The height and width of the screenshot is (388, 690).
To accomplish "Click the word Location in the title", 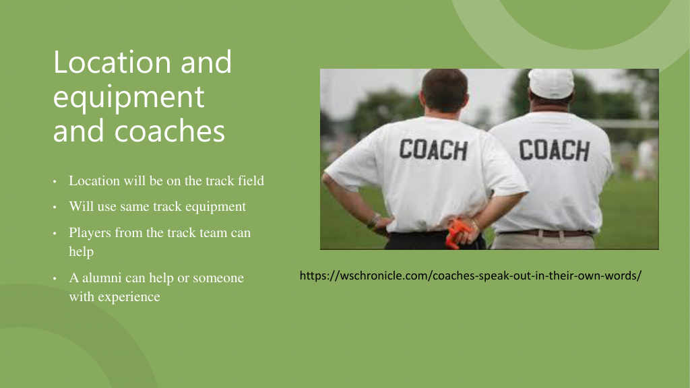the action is (113, 62).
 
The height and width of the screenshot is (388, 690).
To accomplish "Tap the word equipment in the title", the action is (129, 98).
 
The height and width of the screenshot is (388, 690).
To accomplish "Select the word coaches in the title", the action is (169, 131).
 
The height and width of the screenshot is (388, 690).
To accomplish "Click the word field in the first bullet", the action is (251, 181).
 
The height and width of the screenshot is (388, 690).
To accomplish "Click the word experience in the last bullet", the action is (129, 297).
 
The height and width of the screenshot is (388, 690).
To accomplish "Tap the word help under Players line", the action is (82, 252).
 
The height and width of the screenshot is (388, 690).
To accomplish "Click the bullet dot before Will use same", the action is (55, 207).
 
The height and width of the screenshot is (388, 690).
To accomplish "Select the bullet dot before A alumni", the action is (55, 278).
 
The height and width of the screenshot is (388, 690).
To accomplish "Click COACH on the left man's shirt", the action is (433, 150).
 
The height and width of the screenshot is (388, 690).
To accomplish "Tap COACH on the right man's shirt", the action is (554, 150).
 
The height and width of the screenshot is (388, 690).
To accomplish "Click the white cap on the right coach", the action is (551, 83).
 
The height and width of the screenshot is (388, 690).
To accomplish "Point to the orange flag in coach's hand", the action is (456, 234).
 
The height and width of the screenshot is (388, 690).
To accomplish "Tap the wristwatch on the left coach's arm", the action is (375, 220).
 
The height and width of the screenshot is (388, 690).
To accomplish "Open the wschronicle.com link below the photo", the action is (470, 276).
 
